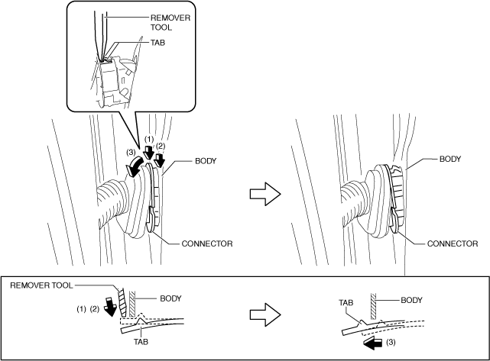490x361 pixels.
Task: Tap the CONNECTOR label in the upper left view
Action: (x=206, y=243)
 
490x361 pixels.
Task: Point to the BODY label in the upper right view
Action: (x=453, y=162)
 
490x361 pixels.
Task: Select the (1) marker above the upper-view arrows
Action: (x=149, y=139)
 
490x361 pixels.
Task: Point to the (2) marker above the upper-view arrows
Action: (x=161, y=145)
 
